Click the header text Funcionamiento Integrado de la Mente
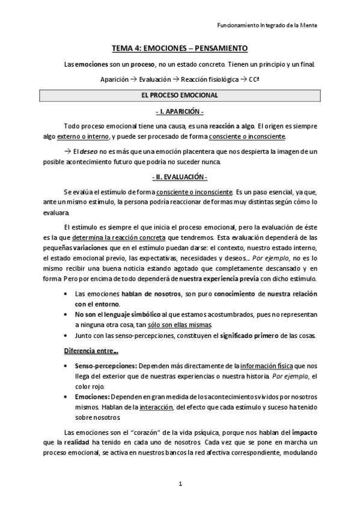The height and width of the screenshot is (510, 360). tap(266, 25)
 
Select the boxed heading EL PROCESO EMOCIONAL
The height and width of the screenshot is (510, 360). tap(180, 96)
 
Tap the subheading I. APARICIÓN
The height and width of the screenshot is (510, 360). tap(180, 112)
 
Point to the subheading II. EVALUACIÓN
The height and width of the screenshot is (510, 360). tap(180, 177)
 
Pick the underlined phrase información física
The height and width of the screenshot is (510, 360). tap(266, 365)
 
